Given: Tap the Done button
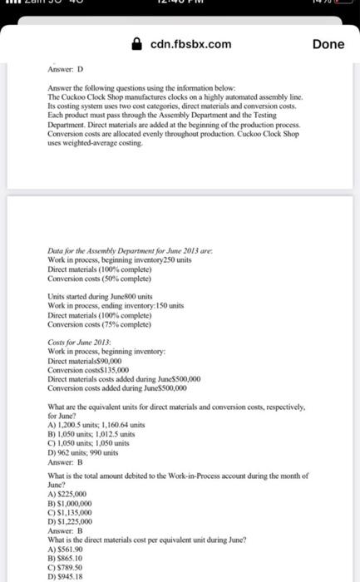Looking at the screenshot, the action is [x=328, y=43].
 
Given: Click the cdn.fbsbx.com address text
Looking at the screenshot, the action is [x=190, y=43].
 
